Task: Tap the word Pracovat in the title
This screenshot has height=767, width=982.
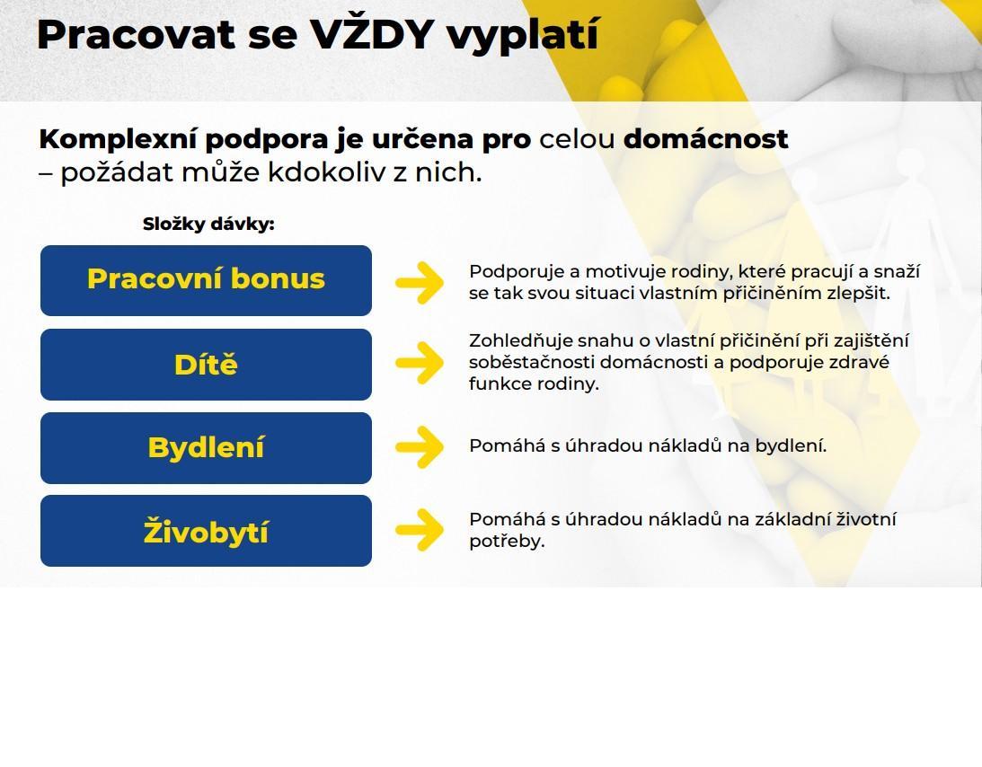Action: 136,34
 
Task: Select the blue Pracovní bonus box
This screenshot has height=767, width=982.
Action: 206,280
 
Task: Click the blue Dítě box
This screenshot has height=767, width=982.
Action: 206,365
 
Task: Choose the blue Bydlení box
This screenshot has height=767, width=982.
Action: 206,447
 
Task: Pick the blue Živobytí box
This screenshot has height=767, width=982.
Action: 206,531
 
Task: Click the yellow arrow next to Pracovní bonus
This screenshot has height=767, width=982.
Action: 420,283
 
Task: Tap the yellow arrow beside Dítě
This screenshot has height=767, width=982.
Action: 420,363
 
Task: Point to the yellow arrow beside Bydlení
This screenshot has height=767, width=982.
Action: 420,447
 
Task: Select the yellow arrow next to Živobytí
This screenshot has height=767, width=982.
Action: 420,530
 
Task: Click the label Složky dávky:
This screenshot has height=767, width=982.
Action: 208,225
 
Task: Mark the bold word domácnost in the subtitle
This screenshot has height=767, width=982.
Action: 706,138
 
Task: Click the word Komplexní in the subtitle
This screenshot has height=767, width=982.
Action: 118,139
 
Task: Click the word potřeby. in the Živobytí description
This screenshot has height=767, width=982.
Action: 508,542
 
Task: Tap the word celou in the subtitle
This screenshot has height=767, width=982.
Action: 577,139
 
